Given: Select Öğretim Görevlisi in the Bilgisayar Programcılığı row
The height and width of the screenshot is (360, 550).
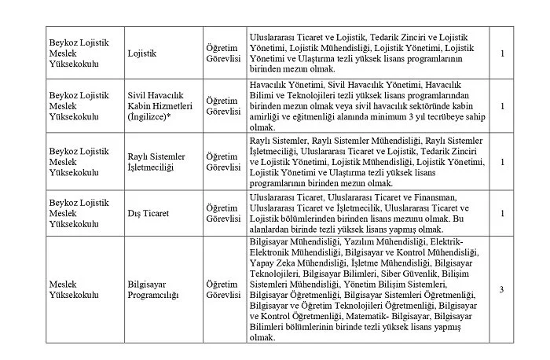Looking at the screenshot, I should point(222,289).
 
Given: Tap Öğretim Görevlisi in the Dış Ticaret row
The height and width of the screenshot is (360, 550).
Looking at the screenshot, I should point(222,212).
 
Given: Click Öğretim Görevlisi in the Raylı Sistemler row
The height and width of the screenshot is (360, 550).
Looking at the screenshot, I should point(222,162).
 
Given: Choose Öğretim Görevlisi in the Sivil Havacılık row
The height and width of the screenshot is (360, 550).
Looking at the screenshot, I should point(222,105).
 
